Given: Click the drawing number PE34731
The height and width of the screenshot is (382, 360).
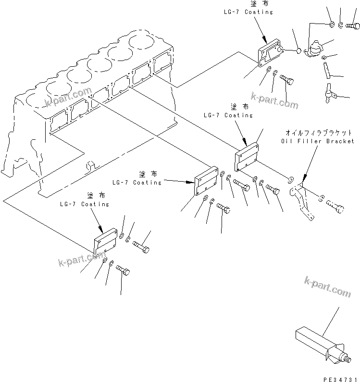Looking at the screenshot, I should (340, 378).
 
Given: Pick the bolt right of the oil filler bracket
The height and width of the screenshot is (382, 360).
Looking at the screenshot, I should (335, 205).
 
